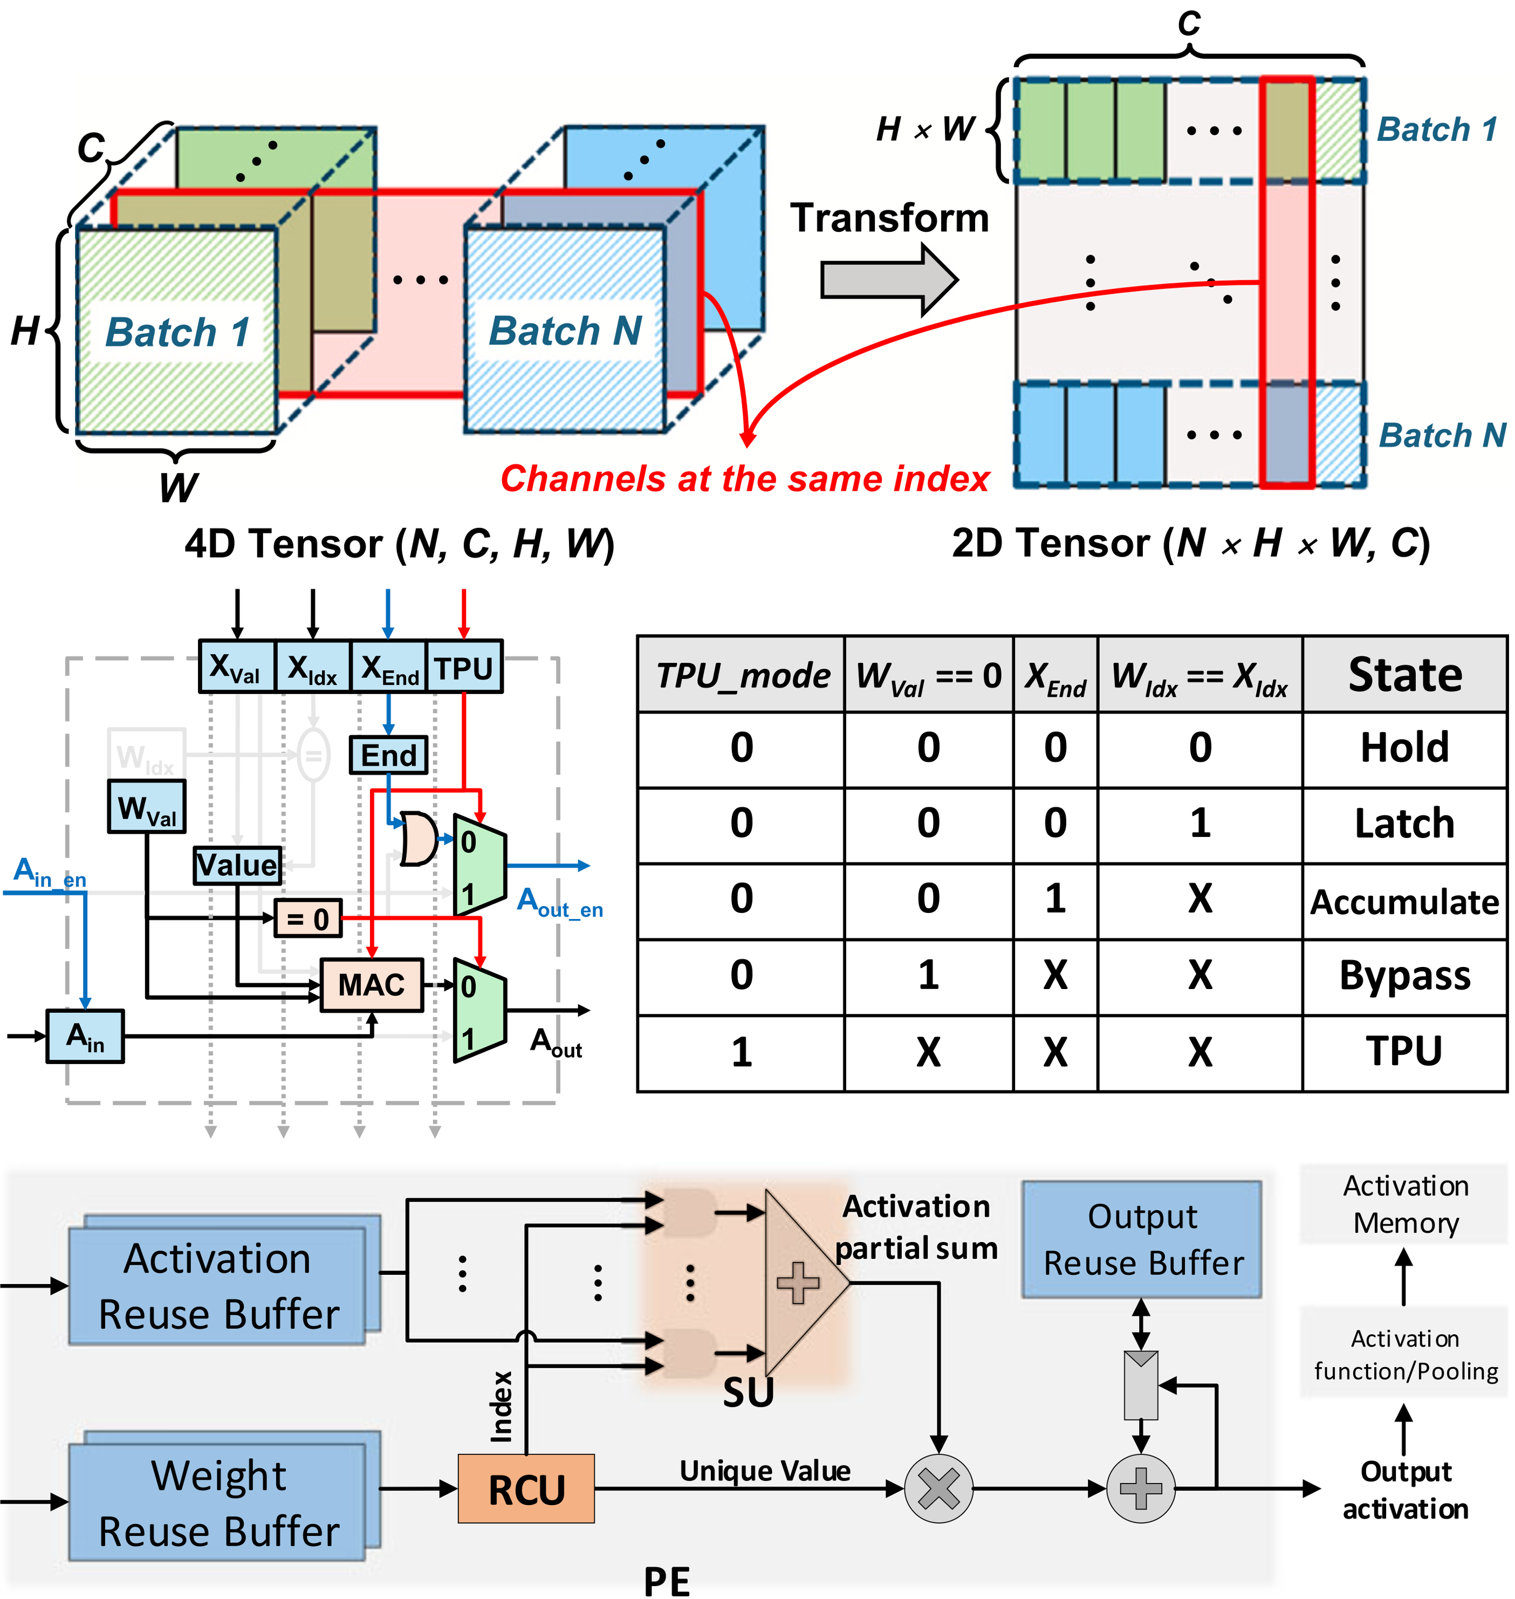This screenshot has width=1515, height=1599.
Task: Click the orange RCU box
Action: [x=526, y=1488]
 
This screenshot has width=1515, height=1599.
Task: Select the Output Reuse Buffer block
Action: [x=1141, y=1240]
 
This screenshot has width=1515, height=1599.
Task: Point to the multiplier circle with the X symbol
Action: [x=938, y=1488]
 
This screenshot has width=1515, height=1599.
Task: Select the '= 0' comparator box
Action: [x=307, y=918]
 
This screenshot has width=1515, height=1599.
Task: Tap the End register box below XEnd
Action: [x=388, y=755]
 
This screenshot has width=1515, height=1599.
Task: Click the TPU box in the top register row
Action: [x=463, y=668]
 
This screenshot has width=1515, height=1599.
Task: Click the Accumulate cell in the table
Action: [x=1404, y=901]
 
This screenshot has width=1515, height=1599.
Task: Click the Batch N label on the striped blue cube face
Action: [x=565, y=331]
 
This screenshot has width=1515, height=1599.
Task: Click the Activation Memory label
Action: [x=1405, y=1204]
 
